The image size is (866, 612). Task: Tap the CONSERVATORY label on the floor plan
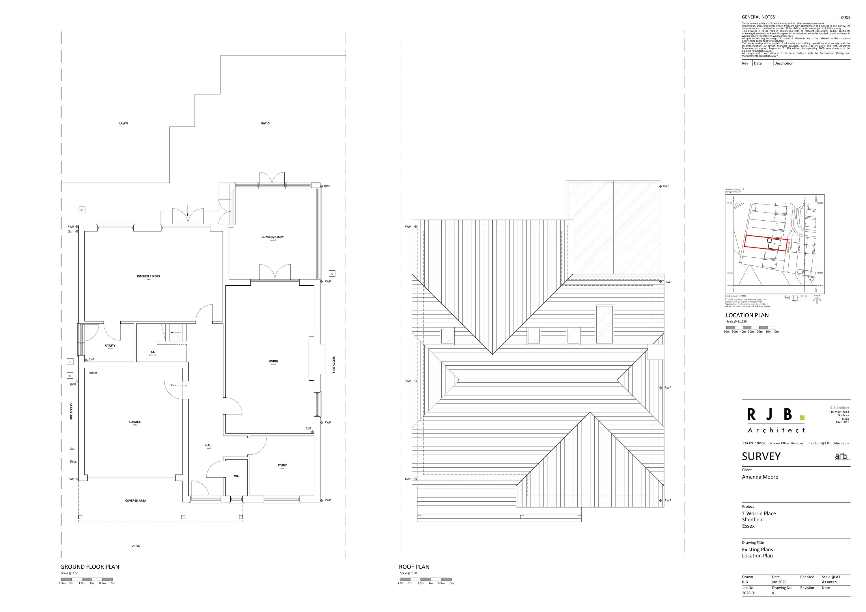(272, 237)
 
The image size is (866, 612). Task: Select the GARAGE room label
(135, 422)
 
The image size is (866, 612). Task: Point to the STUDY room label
(282, 465)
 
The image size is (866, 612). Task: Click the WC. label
(236, 476)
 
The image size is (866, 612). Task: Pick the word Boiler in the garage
(93, 373)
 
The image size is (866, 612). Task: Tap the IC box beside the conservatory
(332, 274)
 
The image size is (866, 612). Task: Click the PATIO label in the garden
(265, 123)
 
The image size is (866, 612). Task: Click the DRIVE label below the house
(135, 546)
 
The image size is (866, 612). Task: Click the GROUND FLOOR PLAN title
(90, 567)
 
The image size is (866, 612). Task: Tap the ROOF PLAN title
(414, 567)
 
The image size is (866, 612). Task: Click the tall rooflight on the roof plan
(604, 325)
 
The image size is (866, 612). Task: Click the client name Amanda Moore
(760, 477)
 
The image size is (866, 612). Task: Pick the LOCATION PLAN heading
(747, 315)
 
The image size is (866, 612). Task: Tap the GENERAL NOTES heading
(758, 17)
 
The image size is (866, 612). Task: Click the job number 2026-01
(749, 593)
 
